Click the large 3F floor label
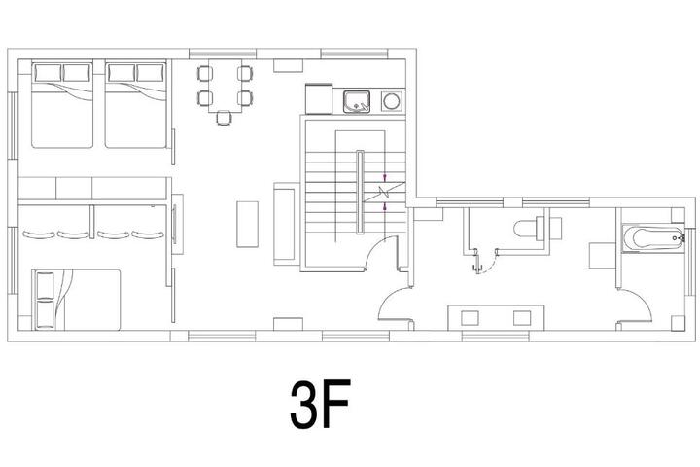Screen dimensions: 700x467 point(320,405)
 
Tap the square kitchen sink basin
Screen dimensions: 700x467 point(356,101)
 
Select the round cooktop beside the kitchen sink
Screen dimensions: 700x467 point(392,101)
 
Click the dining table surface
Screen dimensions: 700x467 point(225,86)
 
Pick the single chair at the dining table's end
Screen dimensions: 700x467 point(225,118)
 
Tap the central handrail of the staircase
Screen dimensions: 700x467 point(360,192)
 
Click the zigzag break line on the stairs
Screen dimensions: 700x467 point(383,192)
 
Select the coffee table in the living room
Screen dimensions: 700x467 point(247,225)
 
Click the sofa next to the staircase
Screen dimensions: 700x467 point(286,224)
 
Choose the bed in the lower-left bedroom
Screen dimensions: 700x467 point(77,300)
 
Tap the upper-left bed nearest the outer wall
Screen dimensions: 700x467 point(62,105)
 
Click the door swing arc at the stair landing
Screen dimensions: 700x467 point(377,252)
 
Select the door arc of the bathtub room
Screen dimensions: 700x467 point(635,305)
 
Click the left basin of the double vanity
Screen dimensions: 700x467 point(470,318)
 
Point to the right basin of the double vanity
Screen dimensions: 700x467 point(522,318)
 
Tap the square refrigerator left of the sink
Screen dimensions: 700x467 point(319,99)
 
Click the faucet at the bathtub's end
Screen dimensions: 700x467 point(680,238)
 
